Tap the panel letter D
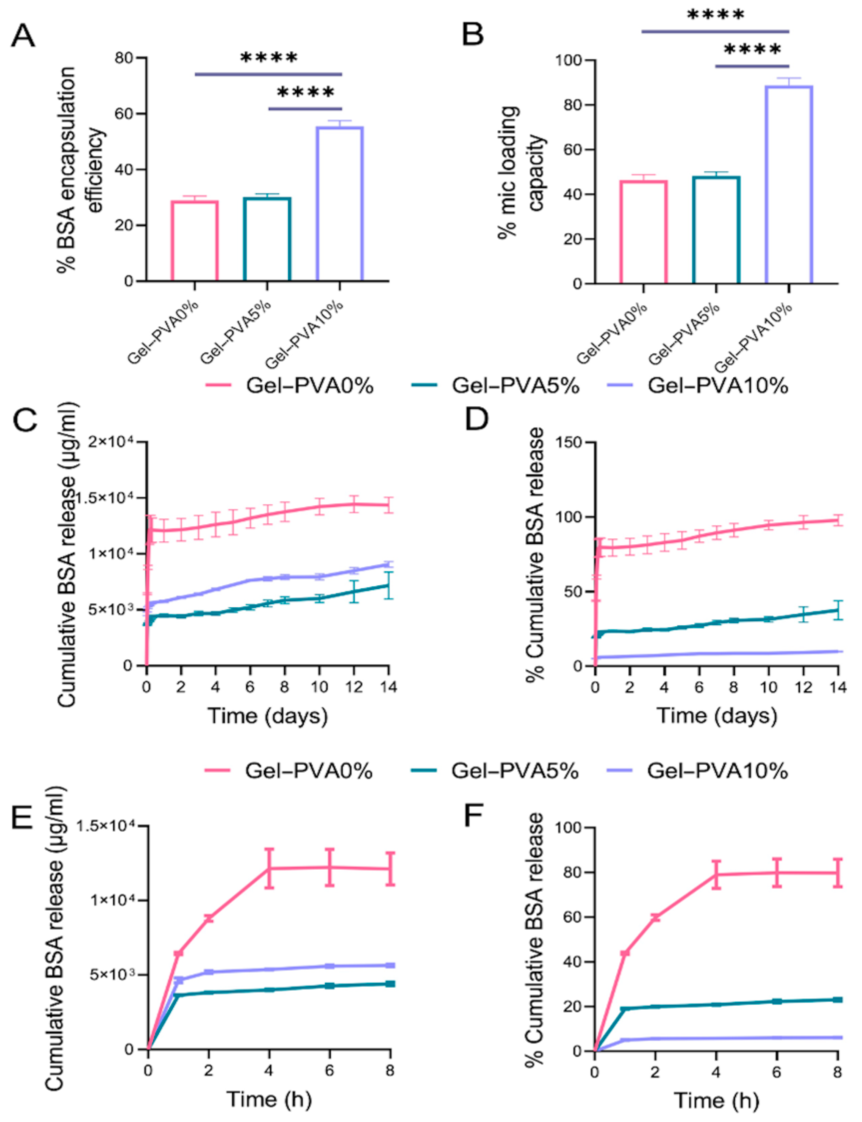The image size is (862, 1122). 476,419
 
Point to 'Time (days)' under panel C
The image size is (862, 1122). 267,715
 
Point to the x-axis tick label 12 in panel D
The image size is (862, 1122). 803,687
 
